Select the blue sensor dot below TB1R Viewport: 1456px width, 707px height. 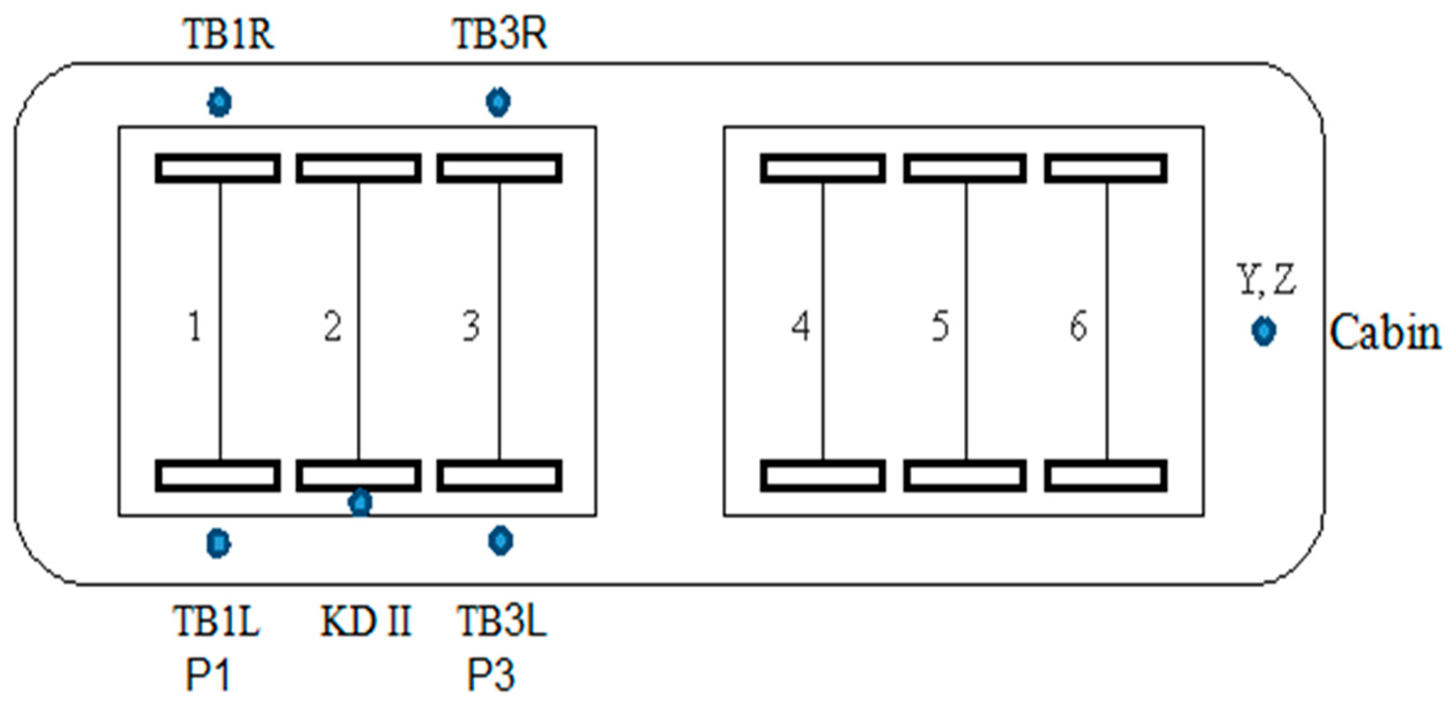(219, 103)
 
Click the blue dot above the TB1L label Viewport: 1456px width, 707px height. (218, 543)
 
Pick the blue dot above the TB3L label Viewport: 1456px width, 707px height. (500, 540)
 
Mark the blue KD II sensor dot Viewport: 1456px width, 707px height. (360, 502)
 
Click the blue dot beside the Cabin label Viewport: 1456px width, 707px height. (1263, 331)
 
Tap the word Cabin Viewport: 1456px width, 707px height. (1385, 332)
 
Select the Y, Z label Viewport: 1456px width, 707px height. (1267, 280)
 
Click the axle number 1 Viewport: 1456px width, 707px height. (194, 326)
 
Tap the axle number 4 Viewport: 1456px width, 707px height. (800, 326)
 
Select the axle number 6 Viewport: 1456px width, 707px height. (1078, 326)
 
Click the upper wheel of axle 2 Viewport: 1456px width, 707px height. (358, 168)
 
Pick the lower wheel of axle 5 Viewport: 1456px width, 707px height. (964, 476)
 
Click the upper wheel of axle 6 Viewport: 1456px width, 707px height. (1106, 168)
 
